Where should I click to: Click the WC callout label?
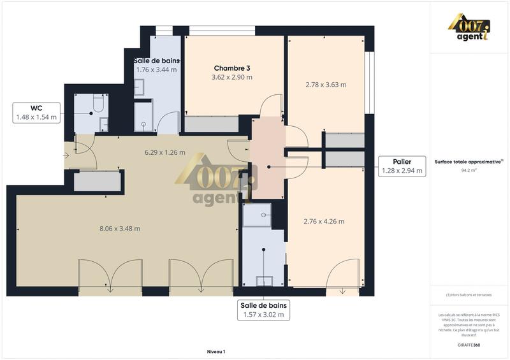pos(36,112)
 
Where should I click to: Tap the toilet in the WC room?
pos(99,103)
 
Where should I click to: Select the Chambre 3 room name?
pos(231,68)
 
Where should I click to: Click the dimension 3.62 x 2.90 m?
pos(231,77)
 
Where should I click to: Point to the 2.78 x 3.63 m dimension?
pos(325,84)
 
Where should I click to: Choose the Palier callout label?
pos(402,166)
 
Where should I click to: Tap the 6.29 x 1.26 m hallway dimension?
pos(164,152)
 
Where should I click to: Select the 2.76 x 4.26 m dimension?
pos(324,222)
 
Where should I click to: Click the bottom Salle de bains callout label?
pos(263,310)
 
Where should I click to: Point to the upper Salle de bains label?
pos(157,61)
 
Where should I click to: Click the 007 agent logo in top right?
pos(469,29)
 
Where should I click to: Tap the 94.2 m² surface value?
pos(469,171)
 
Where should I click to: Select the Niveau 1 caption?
pos(216,351)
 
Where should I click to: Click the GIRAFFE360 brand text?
pos(469,344)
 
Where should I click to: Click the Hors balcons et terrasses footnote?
pos(469,294)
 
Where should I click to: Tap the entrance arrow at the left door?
pos(68,154)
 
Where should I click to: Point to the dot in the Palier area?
pos(268,167)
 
